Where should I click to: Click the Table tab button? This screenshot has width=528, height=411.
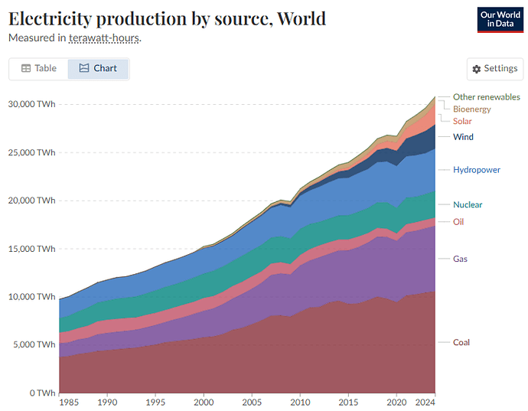(38, 68)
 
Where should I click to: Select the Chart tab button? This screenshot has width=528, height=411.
(98, 68)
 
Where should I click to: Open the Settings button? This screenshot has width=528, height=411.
(495, 69)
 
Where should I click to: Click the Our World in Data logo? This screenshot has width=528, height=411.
(500, 19)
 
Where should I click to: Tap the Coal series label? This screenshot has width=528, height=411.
(461, 342)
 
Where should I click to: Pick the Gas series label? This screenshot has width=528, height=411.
(460, 259)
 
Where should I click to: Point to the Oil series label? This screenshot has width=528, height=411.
(458, 222)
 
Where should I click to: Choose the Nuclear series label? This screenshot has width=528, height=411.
(468, 204)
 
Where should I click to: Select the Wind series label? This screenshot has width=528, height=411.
(463, 137)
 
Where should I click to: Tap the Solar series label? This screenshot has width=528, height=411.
(462, 121)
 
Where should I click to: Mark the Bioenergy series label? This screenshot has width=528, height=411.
(471, 109)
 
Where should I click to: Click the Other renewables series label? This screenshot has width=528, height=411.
(486, 97)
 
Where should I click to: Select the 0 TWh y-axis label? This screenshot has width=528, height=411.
(42, 393)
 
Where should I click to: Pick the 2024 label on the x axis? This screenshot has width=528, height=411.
(425, 401)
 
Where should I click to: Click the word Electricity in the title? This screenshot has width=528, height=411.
(52, 18)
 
